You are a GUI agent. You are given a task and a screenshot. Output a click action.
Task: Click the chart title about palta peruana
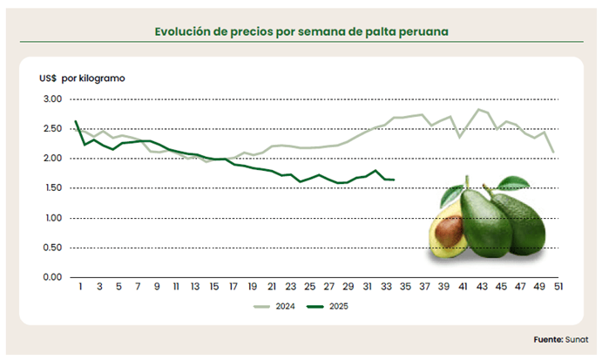(x=301, y=31)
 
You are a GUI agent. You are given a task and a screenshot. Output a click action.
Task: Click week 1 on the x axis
(x=80, y=286)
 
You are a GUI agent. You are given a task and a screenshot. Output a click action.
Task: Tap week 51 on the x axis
(x=558, y=286)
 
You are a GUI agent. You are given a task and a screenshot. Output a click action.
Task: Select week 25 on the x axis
(x=309, y=286)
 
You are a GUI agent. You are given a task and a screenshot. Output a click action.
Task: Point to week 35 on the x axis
(x=405, y=286)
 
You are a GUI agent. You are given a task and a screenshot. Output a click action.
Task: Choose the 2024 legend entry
(x=277, y=307)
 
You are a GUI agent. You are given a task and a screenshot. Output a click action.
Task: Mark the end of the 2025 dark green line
(x=395, y=180)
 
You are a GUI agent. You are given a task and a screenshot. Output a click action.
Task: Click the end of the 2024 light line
(x=552, y=152)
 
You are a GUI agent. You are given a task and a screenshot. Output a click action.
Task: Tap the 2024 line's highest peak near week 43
(x=477, y=109)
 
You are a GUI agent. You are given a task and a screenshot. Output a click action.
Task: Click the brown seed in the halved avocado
(x=449, y=231)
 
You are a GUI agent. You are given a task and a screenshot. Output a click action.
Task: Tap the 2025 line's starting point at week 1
(x=76, y=121)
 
